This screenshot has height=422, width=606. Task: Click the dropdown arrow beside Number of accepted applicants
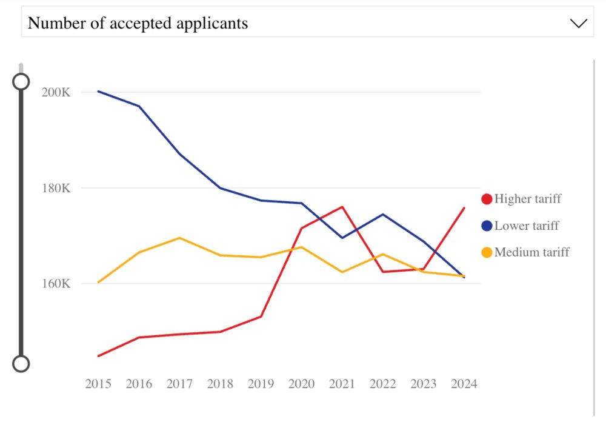pyautogui.click(x=579, y=23)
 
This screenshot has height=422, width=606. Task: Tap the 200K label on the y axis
pyautogui.click(x=56, y=92)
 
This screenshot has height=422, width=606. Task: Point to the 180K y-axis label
pyautogui.click(x=56, y=188)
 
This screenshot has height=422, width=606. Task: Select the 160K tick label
pyautogui.click(x=56, y=283)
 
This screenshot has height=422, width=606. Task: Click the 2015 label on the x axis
pyautogui.click(x=98, y=384)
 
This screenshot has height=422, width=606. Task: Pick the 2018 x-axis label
pyautogui.click(x=220, y=384)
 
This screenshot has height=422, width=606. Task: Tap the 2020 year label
pyautogui.click(x=301, y=384)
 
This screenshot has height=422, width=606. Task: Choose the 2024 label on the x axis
pyautogui.click(x=464, y=384)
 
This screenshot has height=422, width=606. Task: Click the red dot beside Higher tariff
pyautogui.click(x=487, y=199)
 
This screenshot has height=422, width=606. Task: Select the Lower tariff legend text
pyautogui.click(x=527, y=226)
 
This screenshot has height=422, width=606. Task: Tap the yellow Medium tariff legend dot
pyautogui.click(x=487, y=252)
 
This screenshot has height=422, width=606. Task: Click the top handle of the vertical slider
pyautogui.click(x=21, y=81)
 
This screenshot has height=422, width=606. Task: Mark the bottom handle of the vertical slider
pyautogui.click(x=21, y=363)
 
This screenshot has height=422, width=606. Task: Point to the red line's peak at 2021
pyautogui.click(x=342, y=207)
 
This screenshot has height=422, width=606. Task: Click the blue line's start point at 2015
pyautogui.click(x=98, y=92)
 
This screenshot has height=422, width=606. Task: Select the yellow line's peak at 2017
pyautogui.click(x=179, y=238)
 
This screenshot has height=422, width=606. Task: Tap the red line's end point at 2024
pyautogui.click(x=464, y=208)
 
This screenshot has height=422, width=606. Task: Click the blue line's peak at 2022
pyautogui.click(x=383, y=214)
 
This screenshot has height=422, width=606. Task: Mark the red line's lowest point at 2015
pyautogui.click(x=98, y=356)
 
